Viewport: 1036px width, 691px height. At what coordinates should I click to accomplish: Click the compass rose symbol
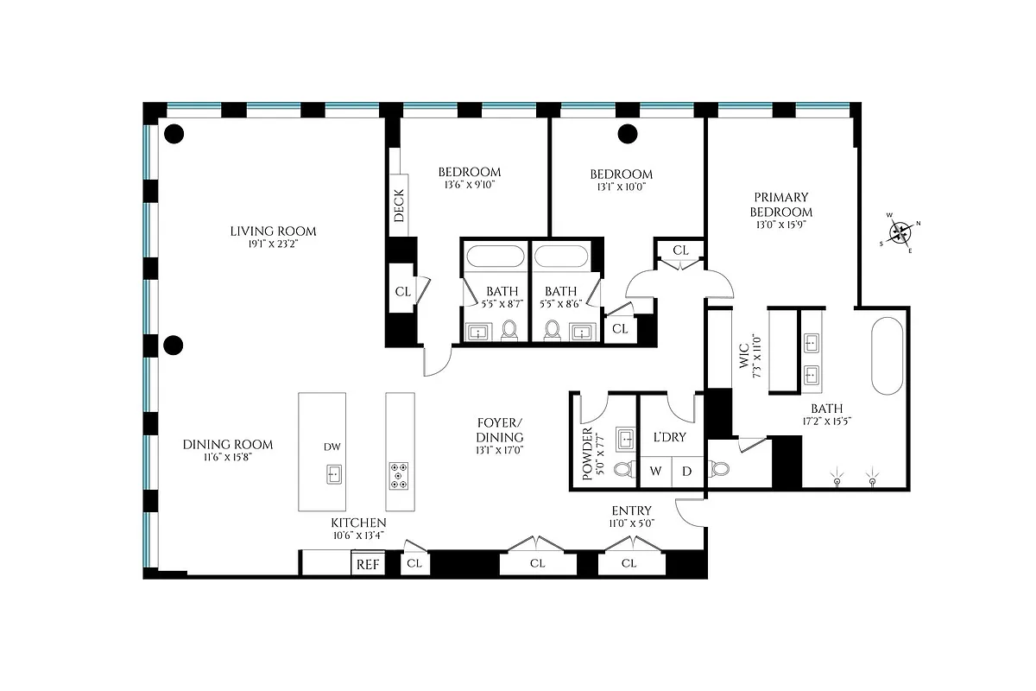[901, 231]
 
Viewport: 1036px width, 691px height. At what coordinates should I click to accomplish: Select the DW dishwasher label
[332, 447]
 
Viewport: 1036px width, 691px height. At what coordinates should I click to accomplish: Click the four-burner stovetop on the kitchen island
[400, 476]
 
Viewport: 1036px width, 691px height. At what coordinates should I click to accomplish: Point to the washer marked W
[655, 471]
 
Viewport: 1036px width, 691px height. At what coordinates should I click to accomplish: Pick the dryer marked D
[687, 471]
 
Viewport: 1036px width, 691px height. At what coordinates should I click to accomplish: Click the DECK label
[399, 206]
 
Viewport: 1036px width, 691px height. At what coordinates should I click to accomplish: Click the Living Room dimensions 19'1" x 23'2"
[273, 244]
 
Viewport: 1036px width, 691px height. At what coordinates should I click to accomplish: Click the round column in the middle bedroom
[628, 134]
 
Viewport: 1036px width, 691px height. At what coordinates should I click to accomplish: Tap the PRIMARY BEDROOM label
[780, 204]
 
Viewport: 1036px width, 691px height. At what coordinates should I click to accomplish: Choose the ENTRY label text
[630, 510]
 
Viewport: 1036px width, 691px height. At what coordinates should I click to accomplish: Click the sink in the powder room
[623, 439]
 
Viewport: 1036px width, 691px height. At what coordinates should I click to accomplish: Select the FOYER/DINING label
[500, 430]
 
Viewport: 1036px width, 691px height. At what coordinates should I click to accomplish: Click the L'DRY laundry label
[668, 437]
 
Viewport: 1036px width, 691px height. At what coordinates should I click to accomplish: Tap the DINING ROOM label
[228, 445]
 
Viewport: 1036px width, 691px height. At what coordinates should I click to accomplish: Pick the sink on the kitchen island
[332, 474]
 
